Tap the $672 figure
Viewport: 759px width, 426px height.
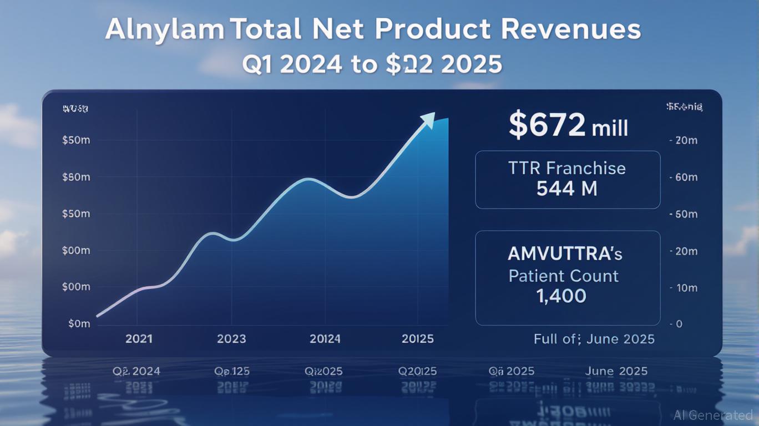pyautogui.click(x=547, y=125)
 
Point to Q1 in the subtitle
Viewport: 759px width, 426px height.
pyautogui.click(x=259, y=65)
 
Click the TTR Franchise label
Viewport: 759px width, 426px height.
pyautogui.click(x=566, y=168)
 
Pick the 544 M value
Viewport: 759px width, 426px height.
pyautogui.click(x=566, y=189)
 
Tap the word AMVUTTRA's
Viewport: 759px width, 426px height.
pyautogui.click(x=565, y=254)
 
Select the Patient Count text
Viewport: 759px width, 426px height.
pyautogui.click(x=563, y=276)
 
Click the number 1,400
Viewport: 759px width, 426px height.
pyautogui.click(x=561, y=296)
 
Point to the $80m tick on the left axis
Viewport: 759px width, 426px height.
pyautogui.click(x=76, y=177)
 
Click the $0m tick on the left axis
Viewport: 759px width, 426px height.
pyautogui.click(x=79, y=323)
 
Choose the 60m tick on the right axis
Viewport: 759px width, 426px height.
pyautogui.click(x=686, y=177)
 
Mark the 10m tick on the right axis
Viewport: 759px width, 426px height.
pyautogui.click(x=686, y=288)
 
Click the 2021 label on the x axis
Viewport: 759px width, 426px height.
pyautogui.click(x=139, y=338)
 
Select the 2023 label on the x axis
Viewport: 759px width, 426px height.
pyautogui.click(x=231, y=338)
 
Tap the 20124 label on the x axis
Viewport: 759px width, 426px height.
pyautogui.click(x=325, y=338)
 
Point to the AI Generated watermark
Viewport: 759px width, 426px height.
pyautogui.click(x=714, y=415)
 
